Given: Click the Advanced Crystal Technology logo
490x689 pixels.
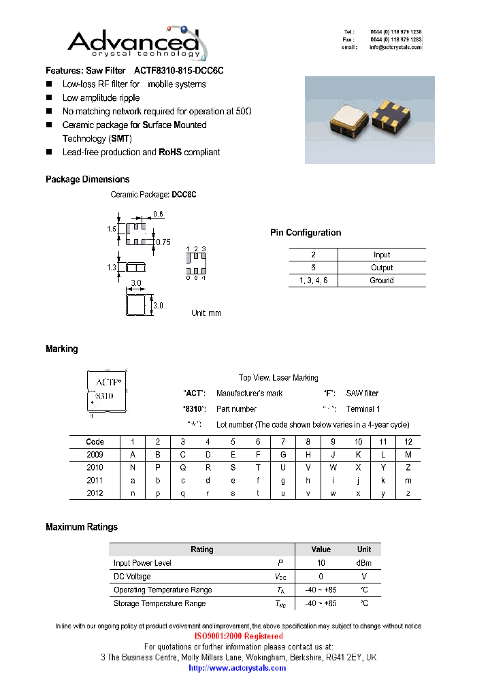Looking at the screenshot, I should [x=134, y=42].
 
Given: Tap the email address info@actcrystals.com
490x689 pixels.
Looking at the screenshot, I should [x=395, y=48].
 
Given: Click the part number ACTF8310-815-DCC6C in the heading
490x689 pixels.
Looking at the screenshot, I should [x=179, y=71].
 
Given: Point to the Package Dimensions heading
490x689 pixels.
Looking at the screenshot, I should [x=87, y=180].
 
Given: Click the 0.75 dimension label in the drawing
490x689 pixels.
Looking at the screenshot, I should [x=163, y=242].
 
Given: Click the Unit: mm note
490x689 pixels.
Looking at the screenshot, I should [x=206, y=313].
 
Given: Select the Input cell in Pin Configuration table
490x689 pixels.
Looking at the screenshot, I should [x=382, y=255].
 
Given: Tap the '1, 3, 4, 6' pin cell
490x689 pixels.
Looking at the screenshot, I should [x=313, y=281].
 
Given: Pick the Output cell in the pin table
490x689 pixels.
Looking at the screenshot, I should [x=382, y=268].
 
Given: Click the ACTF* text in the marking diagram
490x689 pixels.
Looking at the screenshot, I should [x=108, y=382].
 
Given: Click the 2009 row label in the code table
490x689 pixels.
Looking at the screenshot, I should [x=95, y=455].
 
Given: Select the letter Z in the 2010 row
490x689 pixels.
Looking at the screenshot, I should [x=408, y=468].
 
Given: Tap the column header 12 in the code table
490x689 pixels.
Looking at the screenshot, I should [x=408, y=442].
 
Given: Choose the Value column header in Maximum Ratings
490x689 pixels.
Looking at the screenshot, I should [x=321, y=549].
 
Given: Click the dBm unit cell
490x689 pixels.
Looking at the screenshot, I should [x=364, y=563].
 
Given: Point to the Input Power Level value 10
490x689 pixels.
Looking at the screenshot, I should [x=321, y=563].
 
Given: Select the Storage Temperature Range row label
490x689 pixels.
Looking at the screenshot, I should [x=159, y=604].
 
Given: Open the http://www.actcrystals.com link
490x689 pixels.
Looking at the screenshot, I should [x=238, y=668].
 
